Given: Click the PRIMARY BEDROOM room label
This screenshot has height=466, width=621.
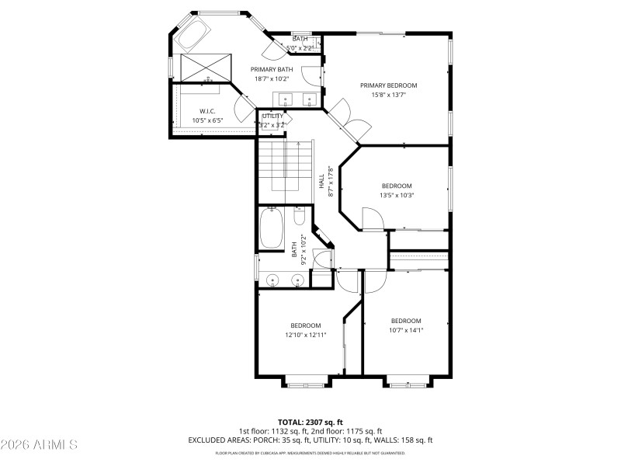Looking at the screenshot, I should (x=388, y=85).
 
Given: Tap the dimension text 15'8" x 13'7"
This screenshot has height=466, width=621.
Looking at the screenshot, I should (x=388, y=96).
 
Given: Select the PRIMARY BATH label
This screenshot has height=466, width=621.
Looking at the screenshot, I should (x=271, y=69).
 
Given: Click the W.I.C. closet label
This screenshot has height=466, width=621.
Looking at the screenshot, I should (x=206, y=111).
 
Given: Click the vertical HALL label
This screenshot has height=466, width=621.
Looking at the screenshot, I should (x=321, y=180).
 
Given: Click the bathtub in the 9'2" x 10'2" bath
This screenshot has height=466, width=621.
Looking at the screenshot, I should (x=272, y=227).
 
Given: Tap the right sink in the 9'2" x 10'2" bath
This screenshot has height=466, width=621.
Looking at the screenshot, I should (x=297, y=280).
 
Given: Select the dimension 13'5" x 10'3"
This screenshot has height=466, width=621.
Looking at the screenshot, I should (x=396, y=196).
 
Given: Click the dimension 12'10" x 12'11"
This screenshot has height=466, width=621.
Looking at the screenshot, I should (x=306, y=335).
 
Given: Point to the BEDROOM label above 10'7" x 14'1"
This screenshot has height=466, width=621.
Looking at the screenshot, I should (x=405, y=321).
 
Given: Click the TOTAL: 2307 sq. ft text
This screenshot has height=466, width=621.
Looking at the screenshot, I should (x=310, y=422).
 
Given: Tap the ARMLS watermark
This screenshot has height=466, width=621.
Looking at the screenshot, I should (x=39, y=445).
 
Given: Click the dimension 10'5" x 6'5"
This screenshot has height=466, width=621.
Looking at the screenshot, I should (x=206, y=120).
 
